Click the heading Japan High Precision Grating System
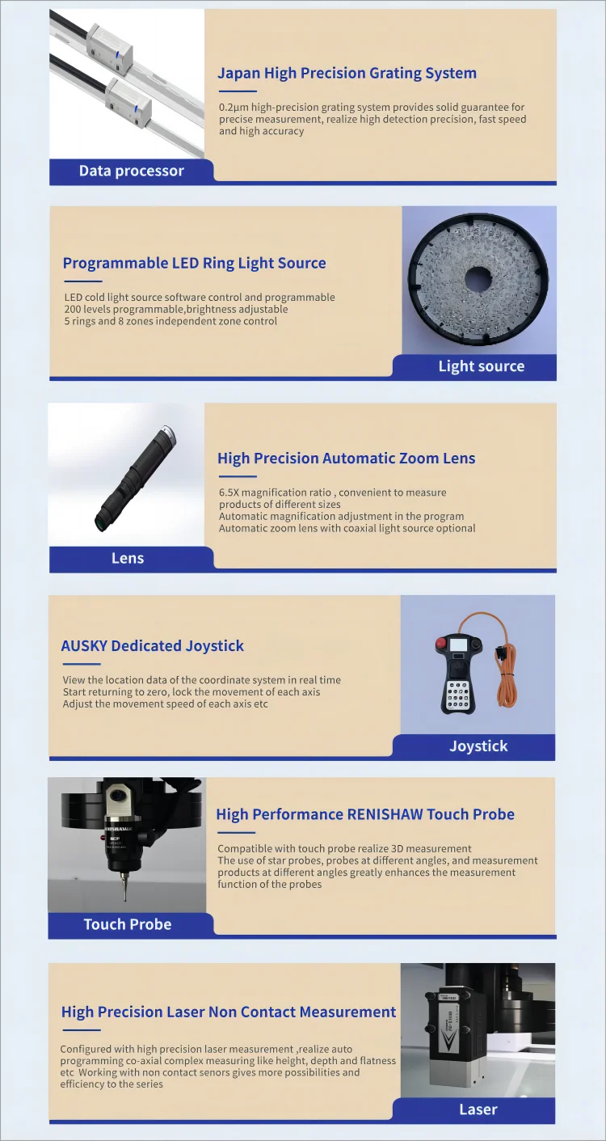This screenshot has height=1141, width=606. point(347,74)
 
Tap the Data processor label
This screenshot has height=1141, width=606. point(131,171)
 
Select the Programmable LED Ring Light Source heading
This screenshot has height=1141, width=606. point(194,264)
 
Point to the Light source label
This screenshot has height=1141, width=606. point(481,366)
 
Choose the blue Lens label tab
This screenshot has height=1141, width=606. point(128,558)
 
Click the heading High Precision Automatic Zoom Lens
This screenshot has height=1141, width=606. point(346,459)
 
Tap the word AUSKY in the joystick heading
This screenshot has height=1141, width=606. point(84,646)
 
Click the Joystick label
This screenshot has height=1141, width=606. point(478,746)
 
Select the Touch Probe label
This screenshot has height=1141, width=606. point(128,924)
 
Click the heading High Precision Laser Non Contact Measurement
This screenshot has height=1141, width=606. point(229,1012)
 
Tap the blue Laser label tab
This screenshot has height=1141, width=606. point(478,1109)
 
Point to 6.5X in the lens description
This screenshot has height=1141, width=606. point(232,492)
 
